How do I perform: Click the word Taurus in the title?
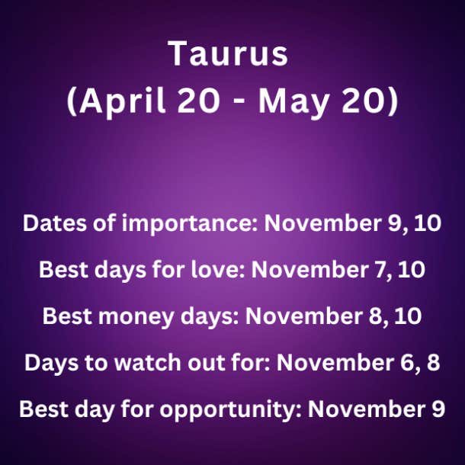[x=228, y=53]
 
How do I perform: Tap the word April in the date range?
[x=122, y=101]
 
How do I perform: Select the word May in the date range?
[x=293, y=102]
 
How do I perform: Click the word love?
[x=217, y=269]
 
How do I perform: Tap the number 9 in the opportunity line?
[x=438, y=409]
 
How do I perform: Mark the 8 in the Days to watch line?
[x=433, y=362]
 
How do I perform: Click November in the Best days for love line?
[x=309, y=270]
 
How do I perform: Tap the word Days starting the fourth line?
[x=52, y=363]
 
